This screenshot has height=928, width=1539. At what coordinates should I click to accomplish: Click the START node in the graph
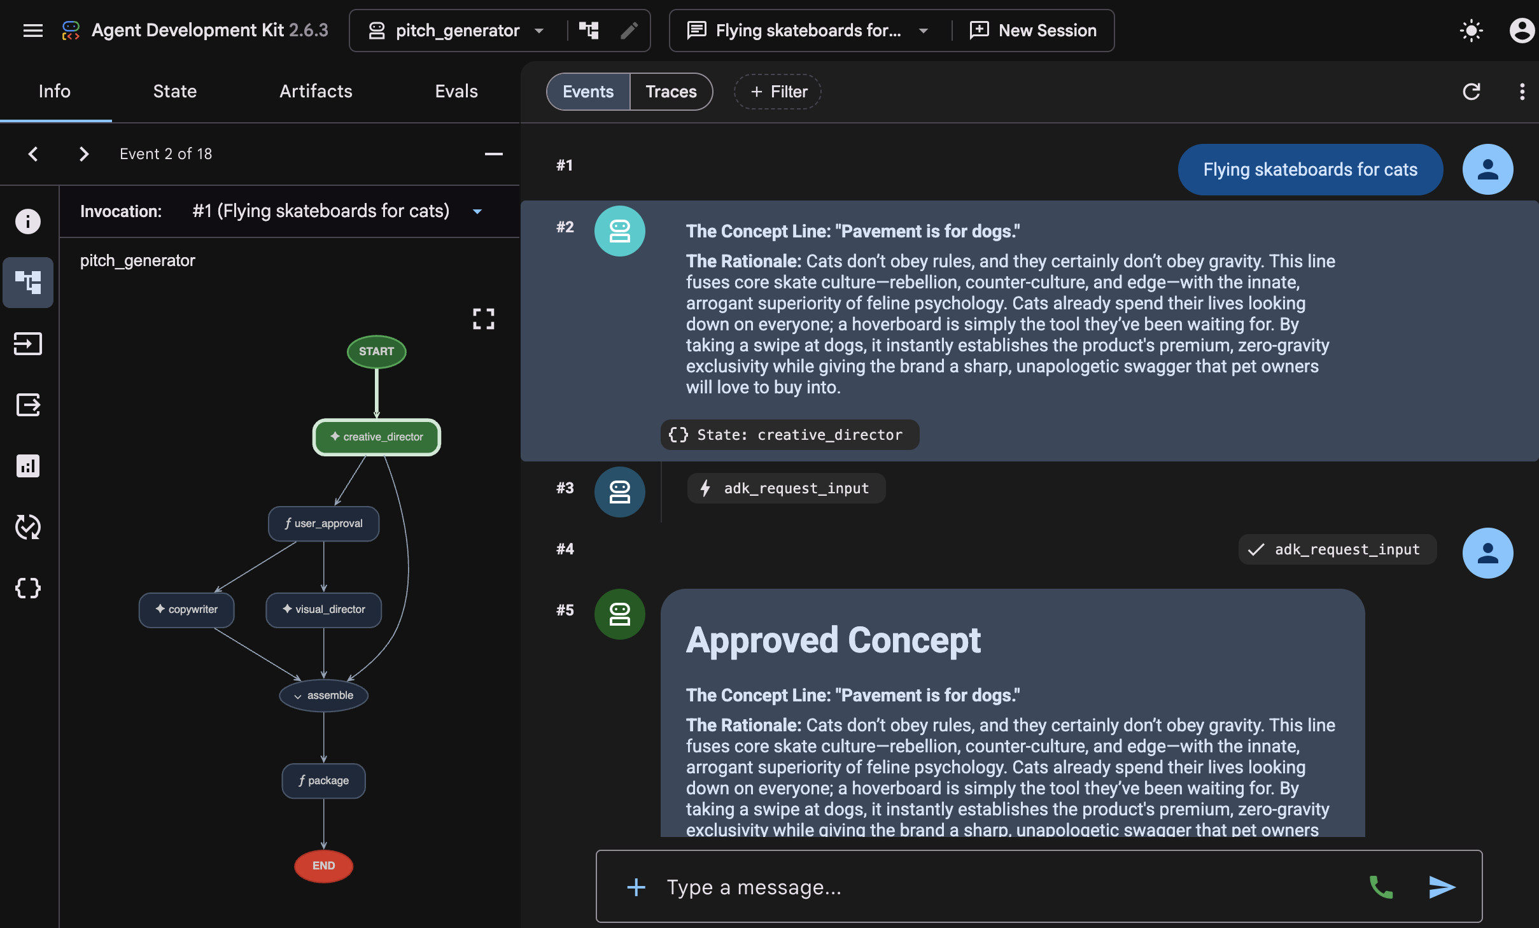pyautogui.click(x=377, y=351)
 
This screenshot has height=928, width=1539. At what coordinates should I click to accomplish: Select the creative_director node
pyautogui.click(x=377, y=437)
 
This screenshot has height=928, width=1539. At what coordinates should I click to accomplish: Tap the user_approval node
pyautogui.click(x=324, y=523)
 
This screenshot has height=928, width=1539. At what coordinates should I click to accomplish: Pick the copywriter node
pyautogui.click(x=186, y=610)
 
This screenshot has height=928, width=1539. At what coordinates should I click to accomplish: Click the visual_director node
pyautogui.click(x=324, y=610)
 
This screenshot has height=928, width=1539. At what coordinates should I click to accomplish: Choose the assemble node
pyautogui.click(x=324, y=696)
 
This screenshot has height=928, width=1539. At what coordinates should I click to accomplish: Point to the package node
pyautogui.click(x=324, y=780)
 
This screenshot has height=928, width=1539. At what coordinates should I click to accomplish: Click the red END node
pyautogui.click(x=324, y=866)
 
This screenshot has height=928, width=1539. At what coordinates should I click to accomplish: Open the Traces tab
pyautogui.click(x=671, y=92)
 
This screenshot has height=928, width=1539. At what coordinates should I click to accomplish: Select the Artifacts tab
pyautogui.click(x=316, y=92)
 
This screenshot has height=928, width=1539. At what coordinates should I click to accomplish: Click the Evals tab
pyautogui.click(x=456, y=92)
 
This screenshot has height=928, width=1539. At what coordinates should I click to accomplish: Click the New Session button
pyautogui.click(x=1033, y=31)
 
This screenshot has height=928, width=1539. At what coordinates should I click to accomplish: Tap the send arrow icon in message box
pyautogui.click(x=1442, y=887)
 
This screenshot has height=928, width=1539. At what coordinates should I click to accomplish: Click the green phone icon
pyautogui.click(x=1381, y=887)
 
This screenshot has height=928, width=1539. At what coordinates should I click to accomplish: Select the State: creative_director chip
pyautogui.click(x=789, y=435)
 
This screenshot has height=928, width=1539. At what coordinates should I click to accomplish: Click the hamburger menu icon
pyautogui.click(x=33, y=31)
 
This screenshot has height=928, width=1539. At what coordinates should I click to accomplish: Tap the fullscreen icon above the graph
pyautogui.click(x=484, y=319)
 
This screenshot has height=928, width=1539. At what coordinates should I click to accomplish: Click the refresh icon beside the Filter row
pyautogui.click(x=1472, y=92)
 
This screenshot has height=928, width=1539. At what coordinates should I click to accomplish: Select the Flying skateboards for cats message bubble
pyautogui.click(x=1311, y=169)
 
